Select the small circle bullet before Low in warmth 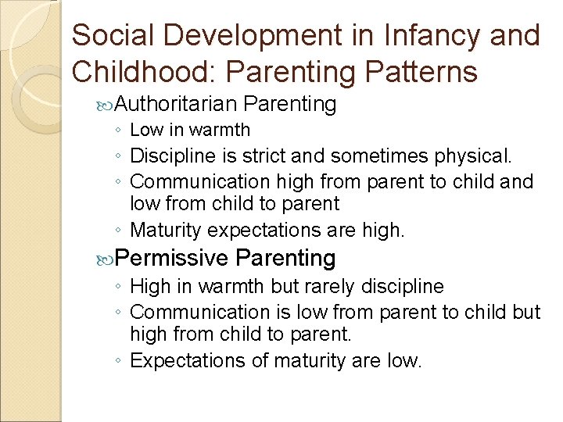pos(118,131)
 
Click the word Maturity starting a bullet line pos(164,231)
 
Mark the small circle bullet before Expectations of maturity pos(118,362)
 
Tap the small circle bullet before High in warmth pos(118,288)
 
